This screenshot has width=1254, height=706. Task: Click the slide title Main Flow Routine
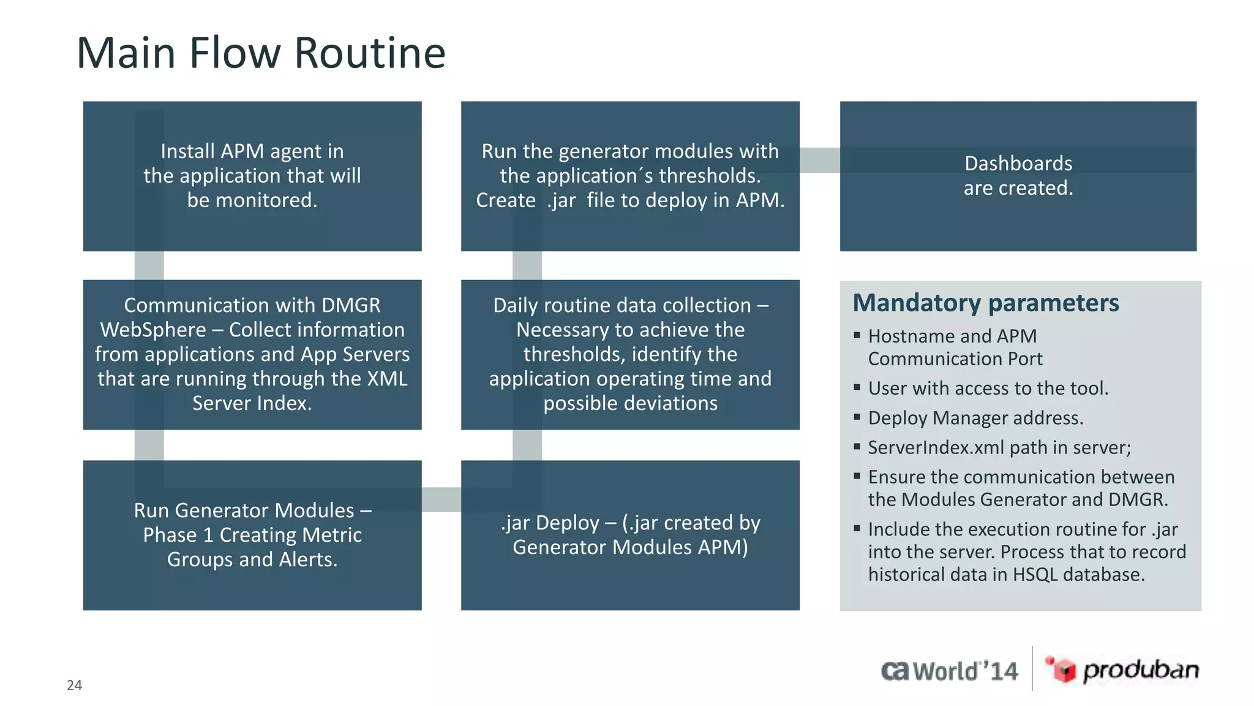coord(261,53)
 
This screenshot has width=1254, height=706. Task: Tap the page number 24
coord(74,685)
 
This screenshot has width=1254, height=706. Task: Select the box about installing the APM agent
coord(252,176)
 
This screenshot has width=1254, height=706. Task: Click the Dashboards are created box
coord(1018,176)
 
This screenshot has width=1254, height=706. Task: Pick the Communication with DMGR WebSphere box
coord(252,354)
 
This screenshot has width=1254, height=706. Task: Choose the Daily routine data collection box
coord(630,354)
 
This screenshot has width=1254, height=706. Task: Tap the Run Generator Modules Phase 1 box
coord(252,535)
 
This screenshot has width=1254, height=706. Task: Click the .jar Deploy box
coord(630,535)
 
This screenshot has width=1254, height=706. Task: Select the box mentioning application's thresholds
coord(630,176)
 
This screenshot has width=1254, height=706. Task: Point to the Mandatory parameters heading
coord(985,303)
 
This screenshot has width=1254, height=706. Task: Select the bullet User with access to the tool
coord(988,389)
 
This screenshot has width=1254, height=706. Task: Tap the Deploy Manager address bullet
coord(975,418)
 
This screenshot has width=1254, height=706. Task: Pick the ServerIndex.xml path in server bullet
coord(999,447)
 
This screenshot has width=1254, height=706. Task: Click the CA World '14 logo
coord(950,671)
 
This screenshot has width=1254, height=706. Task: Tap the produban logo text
coord(1141,670)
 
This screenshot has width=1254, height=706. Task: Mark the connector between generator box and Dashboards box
coord(819,160)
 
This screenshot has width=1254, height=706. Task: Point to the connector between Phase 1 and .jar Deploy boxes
coord(441,499)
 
